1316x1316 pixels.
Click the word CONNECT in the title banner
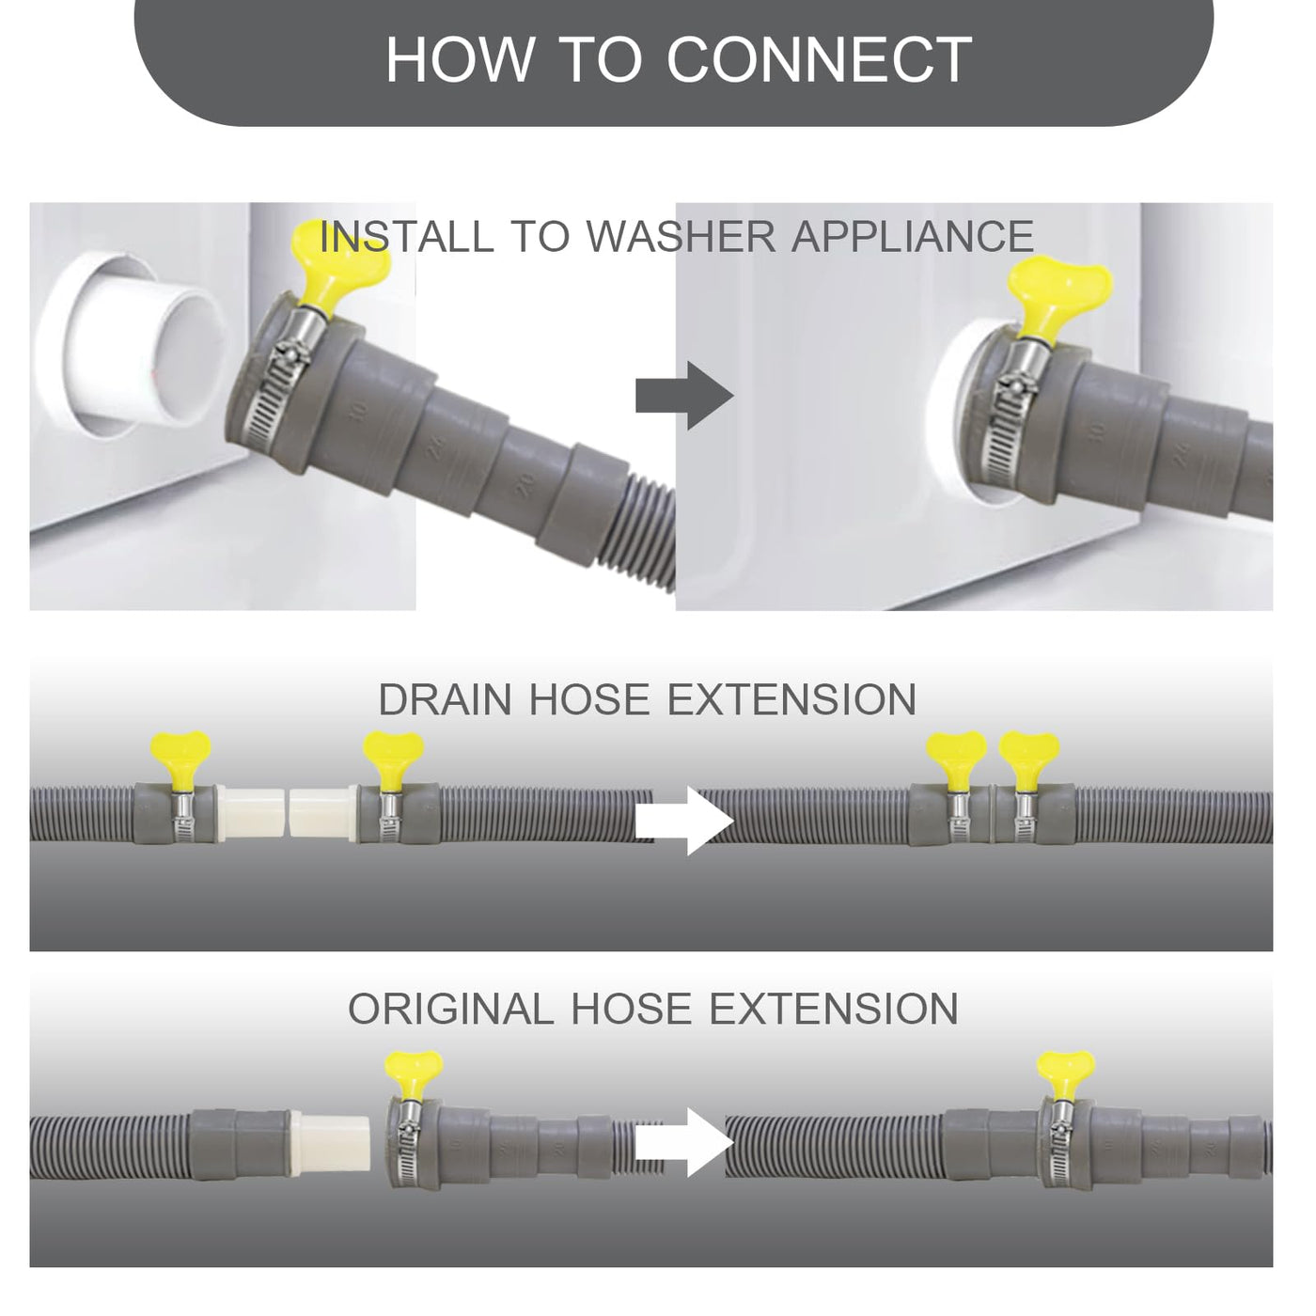(819, 60)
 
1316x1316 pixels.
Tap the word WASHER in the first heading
(681, 236)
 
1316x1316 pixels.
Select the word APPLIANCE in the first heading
(913, 236)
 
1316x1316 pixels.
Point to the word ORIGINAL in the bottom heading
(451, 1009)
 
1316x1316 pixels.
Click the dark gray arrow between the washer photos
(684, 396)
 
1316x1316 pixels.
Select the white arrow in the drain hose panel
(684, 821)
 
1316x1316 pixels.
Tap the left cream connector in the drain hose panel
(251, 815)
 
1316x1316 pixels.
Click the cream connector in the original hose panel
(330, 1142)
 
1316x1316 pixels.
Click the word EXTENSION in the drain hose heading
(791, 699)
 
